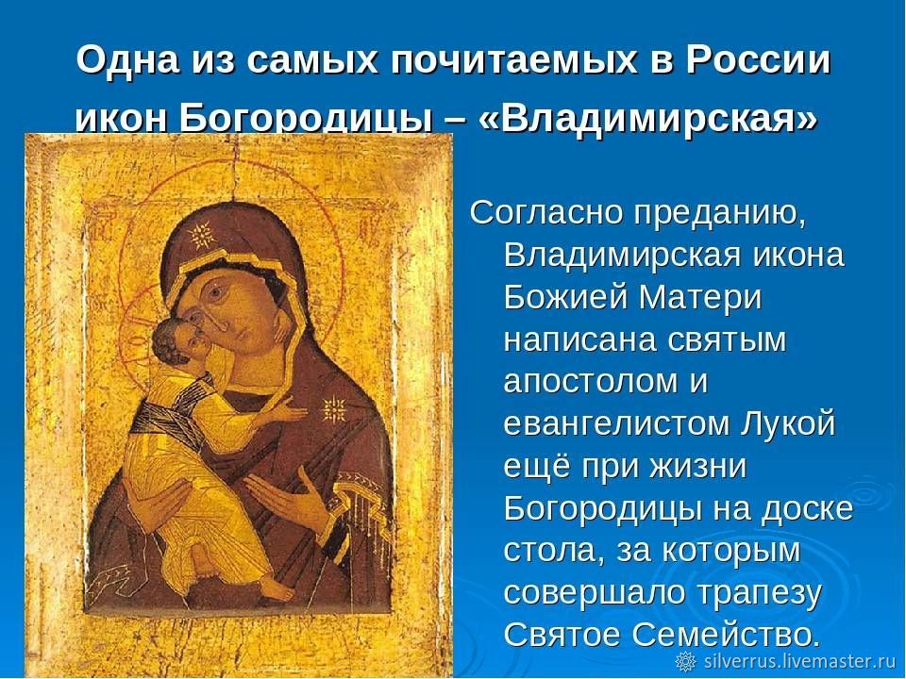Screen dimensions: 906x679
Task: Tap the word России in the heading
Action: coord(759,59)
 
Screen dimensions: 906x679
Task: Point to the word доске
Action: coord(807,508)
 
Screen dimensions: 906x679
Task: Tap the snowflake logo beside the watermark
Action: coord(685,661)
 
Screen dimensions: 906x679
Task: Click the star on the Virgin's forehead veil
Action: coord(201,235)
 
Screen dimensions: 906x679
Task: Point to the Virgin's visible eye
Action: coord(217,291)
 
